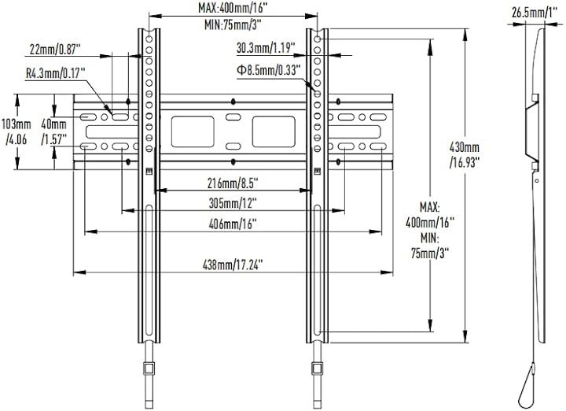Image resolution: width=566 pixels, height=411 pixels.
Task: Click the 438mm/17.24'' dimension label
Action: [233, 265]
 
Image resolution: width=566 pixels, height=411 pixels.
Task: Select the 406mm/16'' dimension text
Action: [233, 224]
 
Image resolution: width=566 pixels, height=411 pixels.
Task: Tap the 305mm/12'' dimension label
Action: [233, 203]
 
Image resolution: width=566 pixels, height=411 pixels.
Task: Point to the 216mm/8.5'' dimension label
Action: [233, 183]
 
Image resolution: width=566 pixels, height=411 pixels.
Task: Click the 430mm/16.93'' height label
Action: [465, 154]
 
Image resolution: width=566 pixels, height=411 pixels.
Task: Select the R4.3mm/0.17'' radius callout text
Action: [56, 74]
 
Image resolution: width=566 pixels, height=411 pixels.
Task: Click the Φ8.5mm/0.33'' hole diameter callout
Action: [269, 70]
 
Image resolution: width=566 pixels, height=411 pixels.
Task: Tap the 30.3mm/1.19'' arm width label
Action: [266, 48]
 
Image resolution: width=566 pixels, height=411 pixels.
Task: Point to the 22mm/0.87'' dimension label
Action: [55, 49]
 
